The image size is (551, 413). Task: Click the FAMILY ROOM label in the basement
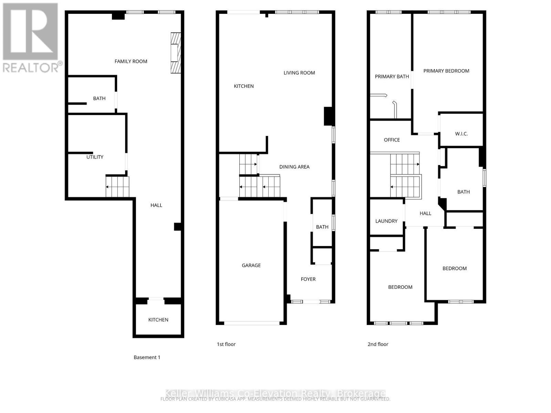[x=131, y=61]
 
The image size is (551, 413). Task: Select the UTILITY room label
[x=95, y=157]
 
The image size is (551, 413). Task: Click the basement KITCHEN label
[x=158, y=320]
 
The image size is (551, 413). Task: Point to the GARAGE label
[x=251, y=265]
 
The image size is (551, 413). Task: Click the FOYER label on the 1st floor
[x=308, y=279]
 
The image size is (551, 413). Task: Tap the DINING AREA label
[x=294, y=167]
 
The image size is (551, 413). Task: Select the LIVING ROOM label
[x=299, y=73]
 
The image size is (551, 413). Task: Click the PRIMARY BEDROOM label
[x=446, y=71]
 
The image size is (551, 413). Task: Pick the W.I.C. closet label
[x=461, y=134]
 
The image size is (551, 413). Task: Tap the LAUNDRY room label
[x=386, y=221]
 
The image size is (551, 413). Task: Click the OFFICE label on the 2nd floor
[x=392, y=140]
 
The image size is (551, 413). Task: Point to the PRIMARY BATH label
[x=392, y=76]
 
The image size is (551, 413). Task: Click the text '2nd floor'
[x=378, y=344]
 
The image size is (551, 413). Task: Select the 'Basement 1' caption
[x=147, y=357]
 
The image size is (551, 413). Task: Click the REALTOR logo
[x=31, y=38]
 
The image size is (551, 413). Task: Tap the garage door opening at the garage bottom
[x=252, y=323]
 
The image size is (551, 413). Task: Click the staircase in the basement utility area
[x=117, y=187]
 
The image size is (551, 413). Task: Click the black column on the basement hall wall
[x=177, y=226]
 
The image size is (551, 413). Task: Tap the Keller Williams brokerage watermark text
[x=275, y=393]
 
